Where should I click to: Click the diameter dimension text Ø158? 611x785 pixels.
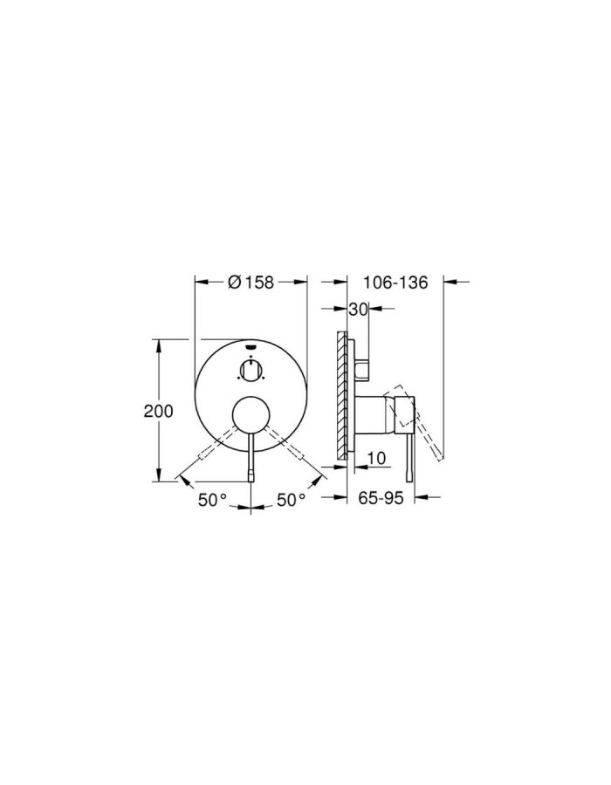[x=251, y=282]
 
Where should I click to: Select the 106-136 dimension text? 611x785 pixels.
[x=394, y=282]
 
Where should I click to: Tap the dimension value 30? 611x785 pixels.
[x=357, y=309]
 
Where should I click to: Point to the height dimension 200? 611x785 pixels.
[x=158, y=411]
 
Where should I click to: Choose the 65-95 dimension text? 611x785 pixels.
[x=381, y=498]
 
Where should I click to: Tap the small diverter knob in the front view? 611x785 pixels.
[x=251, y=372]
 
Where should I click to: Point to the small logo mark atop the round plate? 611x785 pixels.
[x=251, y=346]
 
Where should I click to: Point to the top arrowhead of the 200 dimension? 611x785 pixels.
[x=158, y=344]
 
